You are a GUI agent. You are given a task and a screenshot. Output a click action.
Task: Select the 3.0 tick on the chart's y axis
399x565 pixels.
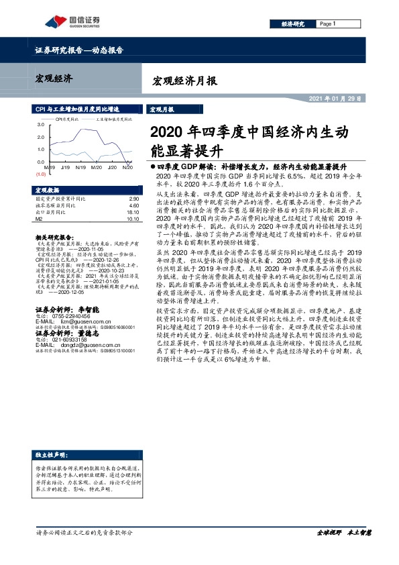[x=40, y=125]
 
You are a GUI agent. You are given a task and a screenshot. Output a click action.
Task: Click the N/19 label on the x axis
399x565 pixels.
[x=80, y=167]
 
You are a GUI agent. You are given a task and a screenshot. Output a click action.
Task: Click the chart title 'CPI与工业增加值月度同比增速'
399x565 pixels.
[x=77, y=108]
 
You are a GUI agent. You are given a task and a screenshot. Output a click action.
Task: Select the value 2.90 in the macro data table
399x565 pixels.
[x=133, y=199]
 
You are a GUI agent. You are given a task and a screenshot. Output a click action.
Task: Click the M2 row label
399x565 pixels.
[x=38, y=218]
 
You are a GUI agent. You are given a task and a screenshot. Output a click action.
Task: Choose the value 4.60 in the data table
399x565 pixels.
[x=133, y=205]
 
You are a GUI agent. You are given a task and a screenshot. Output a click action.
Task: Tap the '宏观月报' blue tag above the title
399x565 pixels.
[x=161, y=109]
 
